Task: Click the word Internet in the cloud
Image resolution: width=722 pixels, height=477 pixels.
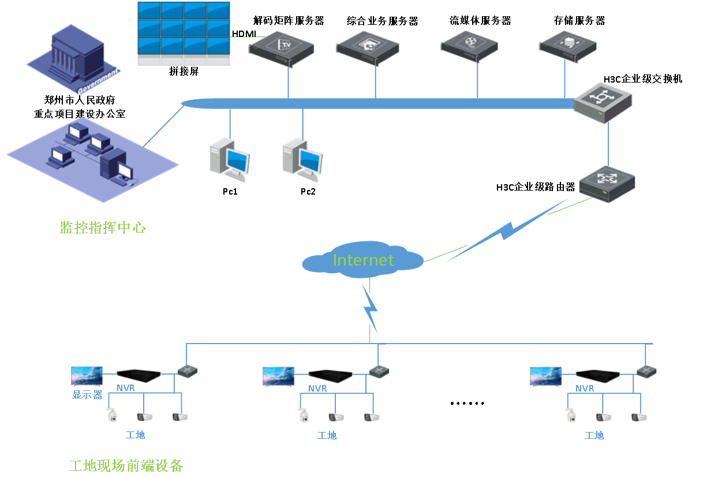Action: pos(363,260)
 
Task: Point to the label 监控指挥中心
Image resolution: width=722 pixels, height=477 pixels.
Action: pos(103,228)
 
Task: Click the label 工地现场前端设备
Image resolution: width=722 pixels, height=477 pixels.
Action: pos(126,465)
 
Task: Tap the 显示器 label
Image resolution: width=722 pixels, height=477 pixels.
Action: pos(87,396)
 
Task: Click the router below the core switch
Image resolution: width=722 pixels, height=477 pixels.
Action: pos(607,183)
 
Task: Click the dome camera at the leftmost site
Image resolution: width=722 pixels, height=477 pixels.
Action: pos(112,415)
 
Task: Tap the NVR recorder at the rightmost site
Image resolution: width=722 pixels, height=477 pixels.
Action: pos(597,376)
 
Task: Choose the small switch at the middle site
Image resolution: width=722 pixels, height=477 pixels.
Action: pos(379,371)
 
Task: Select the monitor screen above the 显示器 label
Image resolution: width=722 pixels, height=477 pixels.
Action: pos(87,377)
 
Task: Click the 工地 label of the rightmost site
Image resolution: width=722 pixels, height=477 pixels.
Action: pos(594,435)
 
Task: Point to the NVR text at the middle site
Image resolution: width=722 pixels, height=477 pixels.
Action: pos(317,389)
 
